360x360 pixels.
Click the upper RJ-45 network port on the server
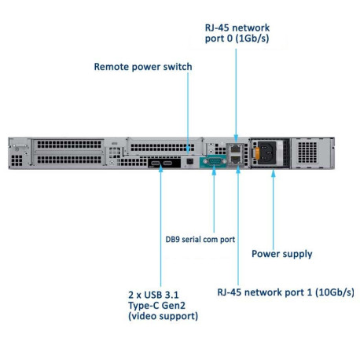click(236, 149)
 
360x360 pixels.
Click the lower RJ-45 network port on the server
click(236, 159)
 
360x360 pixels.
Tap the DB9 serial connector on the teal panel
click(215, 161)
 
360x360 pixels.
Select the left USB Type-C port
click(155, 163)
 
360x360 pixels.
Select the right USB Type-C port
click(167, 163)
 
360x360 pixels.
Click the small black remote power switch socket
click(189, 161)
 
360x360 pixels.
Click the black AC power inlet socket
click(267, 152)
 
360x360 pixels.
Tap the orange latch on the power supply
click(257, 153)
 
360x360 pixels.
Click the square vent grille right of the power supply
click(307, 152)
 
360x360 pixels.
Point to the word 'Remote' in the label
click(112, 67)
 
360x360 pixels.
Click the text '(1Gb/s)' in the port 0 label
click(252, 39)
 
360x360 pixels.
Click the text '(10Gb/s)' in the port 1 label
click(335, 292)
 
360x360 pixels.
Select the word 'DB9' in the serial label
click(173, 239)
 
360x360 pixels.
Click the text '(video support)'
click(163, 316)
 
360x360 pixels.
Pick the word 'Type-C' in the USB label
click(144, 306)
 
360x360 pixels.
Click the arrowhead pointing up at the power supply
click(274, 174)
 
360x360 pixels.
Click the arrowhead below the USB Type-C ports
click(160, 169)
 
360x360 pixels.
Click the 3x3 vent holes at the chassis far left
click(17, 160)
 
